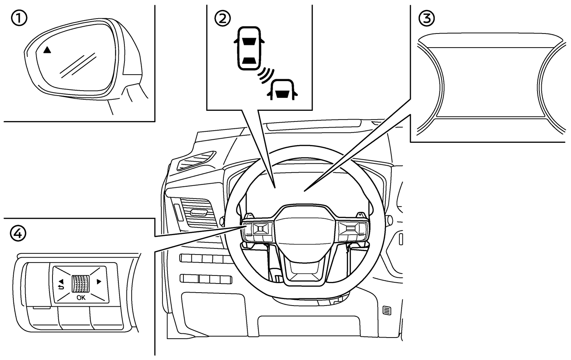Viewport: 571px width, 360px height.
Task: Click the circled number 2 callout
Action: click(223, 18)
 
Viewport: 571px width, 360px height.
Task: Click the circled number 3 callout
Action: click(426, 18)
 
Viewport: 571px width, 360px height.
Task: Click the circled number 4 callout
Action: click(18, 234)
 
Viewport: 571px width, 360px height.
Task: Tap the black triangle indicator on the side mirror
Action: click(47, 50)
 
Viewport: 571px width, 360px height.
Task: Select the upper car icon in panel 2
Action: click(249, 48)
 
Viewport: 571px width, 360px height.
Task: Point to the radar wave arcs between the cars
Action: click(266, 75)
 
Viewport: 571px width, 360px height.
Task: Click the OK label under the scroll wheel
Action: click(81, 298)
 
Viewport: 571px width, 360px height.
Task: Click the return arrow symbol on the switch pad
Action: click(61, 288)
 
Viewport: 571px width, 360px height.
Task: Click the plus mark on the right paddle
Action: click(360, 215)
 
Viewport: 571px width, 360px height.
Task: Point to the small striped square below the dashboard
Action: click(387, 310)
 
